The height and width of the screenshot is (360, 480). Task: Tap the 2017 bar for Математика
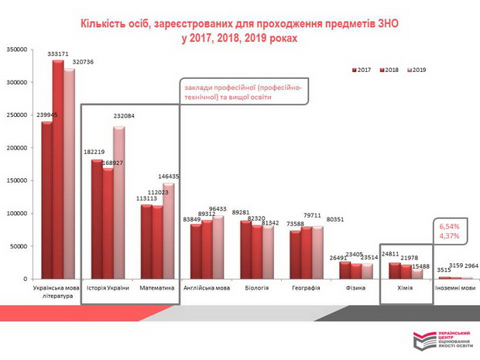click(146, 241)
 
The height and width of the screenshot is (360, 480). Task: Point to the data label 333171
click(58, 54)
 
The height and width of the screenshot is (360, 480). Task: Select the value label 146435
click(168, 177)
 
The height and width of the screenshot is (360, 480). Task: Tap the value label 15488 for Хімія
click(419, 266)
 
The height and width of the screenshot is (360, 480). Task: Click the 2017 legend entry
click(361, 70)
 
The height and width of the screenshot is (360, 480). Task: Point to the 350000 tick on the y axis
click(17, 50)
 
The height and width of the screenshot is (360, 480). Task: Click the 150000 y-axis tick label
click(17, 180)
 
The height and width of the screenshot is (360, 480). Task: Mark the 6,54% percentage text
click(450, 226)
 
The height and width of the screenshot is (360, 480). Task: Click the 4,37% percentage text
click(450, 236)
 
